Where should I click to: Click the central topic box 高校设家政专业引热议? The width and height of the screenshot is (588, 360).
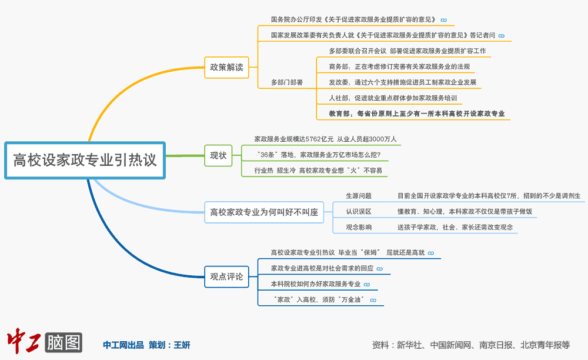coord(85,159)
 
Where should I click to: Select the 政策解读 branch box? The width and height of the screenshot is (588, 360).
coord(226,67)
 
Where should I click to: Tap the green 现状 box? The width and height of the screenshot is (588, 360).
coord(218,155)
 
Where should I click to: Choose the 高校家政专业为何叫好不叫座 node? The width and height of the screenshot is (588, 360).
coord(264,212)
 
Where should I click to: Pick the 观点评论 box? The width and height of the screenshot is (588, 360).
coord(226,276)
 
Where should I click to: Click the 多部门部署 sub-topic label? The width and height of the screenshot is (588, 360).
coord(287,82)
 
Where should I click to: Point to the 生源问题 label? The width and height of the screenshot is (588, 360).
coord(358,195)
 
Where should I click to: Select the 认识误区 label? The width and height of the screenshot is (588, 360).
coord(358,211)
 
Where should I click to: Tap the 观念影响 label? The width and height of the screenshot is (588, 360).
coord(358,226)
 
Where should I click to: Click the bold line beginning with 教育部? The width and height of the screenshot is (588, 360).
coord(417,114)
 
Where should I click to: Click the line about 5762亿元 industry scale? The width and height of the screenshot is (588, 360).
coord(325,139)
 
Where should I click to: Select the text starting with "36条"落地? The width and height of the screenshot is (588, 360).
coord(318,155)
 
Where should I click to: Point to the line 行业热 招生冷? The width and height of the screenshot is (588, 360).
coord(318,171)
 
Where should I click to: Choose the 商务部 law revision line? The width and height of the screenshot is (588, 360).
coord(399,66)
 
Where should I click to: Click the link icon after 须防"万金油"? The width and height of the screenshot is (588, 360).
coord(373,300)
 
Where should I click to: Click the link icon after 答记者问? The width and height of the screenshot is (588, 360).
coord(501,35)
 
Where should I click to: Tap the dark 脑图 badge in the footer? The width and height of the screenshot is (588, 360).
coord(64,342)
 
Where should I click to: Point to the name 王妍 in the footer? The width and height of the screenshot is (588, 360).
coord(182,345)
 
